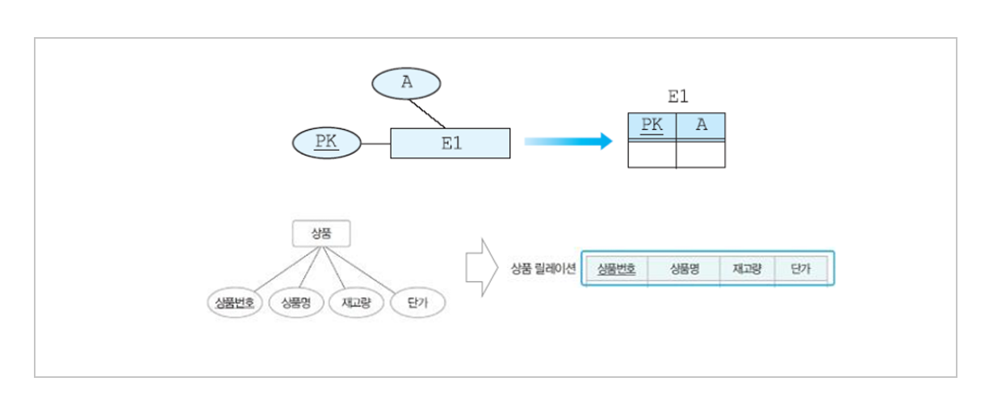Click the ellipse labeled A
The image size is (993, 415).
click(x=406, y=82)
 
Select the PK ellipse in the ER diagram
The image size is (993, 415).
click(x=326, y=143)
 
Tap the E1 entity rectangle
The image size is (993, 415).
click(x=450, y=143)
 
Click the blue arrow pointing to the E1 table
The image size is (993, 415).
click(x=568, y=142)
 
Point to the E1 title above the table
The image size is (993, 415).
click(x=677, y=97)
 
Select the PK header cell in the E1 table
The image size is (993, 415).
click(x=652, y=126)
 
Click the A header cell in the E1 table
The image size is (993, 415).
click(x=701, y=126)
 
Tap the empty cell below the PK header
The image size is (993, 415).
click(x=652, y=155)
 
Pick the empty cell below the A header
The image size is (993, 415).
click(x=701, y=155)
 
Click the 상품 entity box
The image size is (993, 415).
click(x=321, y=234)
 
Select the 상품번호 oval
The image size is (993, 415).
click(x=234, y=303)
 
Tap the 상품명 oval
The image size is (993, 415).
click(x=296, y=303)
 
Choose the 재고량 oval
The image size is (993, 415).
click(x=355, y=303)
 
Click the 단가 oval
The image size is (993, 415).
click(x=417, y=303)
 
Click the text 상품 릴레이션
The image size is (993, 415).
click(x=543, y=270)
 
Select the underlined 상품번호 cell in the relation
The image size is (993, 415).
click(x=617, y=270)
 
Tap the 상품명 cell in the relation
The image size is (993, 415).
click(x=684, y=270)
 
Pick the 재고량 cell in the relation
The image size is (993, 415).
click(x=747, y=270)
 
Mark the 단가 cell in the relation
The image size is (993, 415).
click(x=801, y=270)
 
